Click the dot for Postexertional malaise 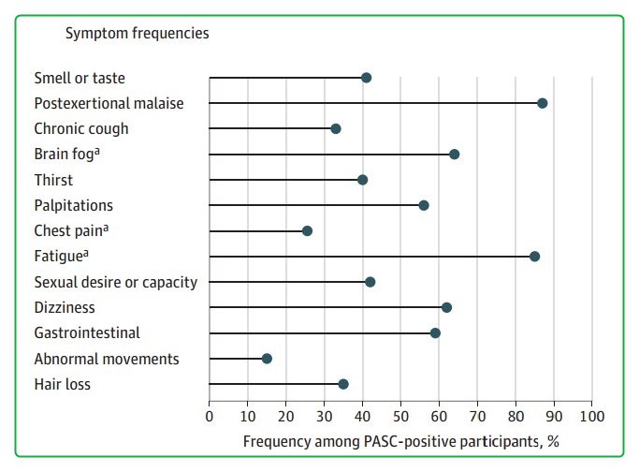click(543, 103)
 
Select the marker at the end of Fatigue click(534, 257)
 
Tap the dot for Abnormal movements click(267, 359)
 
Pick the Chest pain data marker click(307, 230)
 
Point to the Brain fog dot click(455, 155)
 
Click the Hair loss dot click(343, 384)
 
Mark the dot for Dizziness click(446, 307)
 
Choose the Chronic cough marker click(336, 128)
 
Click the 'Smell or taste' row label click(79, 78)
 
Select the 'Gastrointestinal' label click(86, 332)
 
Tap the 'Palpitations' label click(73, 205)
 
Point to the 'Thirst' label click(53, 180)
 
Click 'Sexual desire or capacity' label click(115, 282)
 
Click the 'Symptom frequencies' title click(137, 34)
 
